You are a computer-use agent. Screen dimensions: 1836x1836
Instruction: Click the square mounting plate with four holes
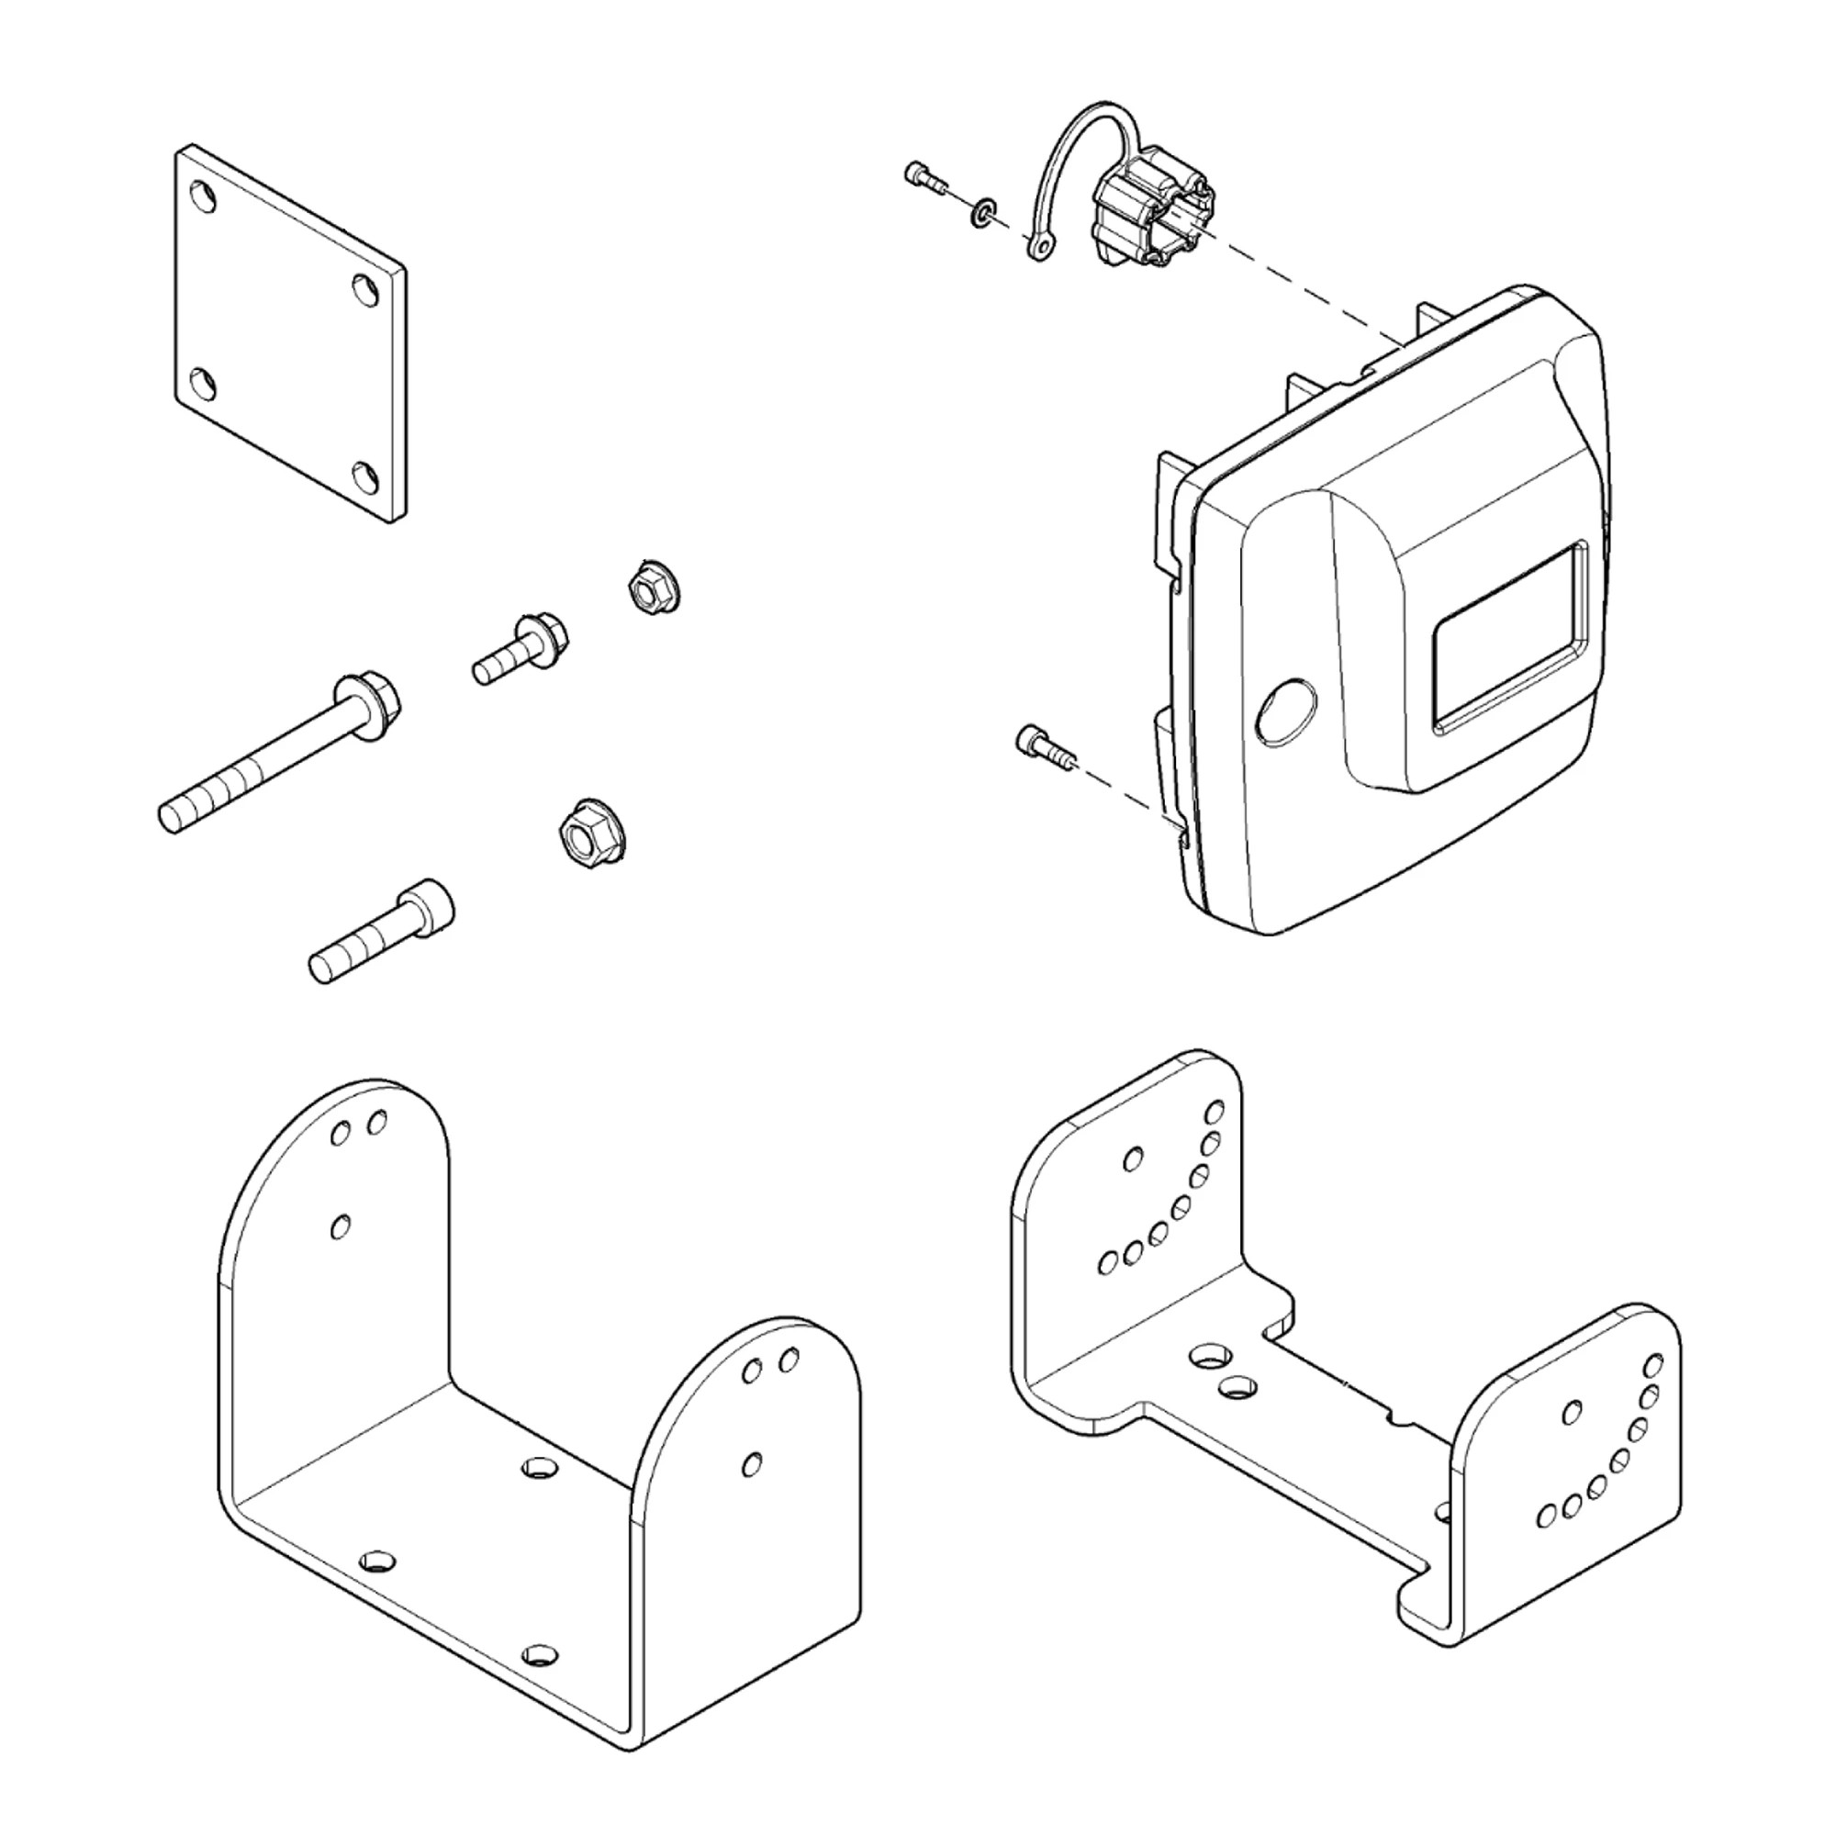290,332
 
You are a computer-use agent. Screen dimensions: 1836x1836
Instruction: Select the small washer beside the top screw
981,211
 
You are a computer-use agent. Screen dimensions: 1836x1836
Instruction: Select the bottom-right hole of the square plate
367,474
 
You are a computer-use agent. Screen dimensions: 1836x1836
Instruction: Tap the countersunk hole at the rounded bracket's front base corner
378,1561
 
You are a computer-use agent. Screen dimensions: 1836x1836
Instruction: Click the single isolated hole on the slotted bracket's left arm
1133,1159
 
